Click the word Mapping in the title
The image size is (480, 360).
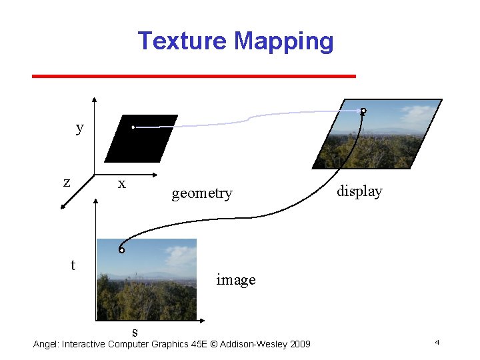(284, 41)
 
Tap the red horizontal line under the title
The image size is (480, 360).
(193, 76)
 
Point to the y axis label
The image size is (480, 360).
(80, 127)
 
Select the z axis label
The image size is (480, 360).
(67, 181)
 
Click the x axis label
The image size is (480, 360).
(121, 183)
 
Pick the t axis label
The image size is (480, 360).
(73, 265)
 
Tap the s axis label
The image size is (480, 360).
(135, 331)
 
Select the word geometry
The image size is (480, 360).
(202, 193)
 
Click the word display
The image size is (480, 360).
(359, 191)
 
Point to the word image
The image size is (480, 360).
(236, 280)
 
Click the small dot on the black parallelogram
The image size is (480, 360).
(133, 127)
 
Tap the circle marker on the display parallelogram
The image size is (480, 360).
(363, 111)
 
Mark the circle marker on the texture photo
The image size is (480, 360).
(121, 250)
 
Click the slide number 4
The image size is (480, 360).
(437, 342)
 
